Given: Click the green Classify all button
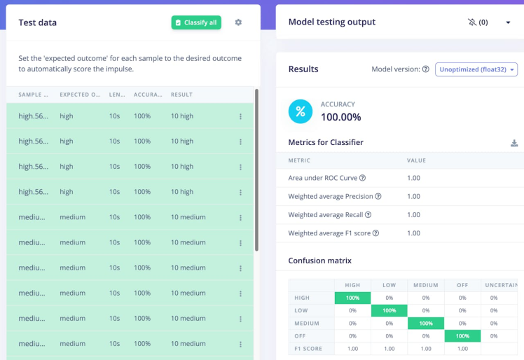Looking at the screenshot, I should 196,22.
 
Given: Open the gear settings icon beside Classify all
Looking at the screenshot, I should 238,22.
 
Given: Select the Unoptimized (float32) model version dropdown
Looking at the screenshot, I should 476,69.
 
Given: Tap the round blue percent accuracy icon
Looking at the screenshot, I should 301,111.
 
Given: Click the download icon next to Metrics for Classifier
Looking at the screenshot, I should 514,143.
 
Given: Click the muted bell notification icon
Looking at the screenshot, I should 472,22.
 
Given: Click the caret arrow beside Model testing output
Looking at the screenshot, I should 508,22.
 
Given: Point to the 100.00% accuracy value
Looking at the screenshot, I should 340,117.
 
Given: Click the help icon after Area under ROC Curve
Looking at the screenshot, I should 362,178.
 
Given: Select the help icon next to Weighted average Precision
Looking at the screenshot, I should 378,197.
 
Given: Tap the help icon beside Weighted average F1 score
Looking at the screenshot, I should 375,233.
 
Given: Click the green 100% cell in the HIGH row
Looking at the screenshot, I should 352,298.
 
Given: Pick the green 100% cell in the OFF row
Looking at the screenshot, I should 462,335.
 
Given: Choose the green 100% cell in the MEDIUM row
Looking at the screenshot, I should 425,323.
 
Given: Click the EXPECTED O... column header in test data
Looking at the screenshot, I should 79,95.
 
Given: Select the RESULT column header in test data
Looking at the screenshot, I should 181,95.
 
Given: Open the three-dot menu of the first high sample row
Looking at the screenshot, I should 240,116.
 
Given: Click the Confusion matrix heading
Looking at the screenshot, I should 319,261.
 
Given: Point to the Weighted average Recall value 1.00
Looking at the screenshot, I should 413,215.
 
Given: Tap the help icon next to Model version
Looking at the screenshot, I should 426,69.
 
